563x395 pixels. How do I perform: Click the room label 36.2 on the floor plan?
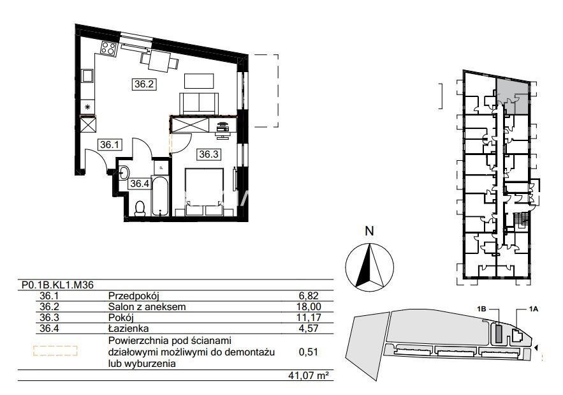tap(144, 84)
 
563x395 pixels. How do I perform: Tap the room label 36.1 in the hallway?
tap(109, 145)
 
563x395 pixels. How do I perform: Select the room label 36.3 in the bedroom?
tap(208, 154)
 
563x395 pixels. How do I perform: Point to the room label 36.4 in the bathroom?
tap(139, 184)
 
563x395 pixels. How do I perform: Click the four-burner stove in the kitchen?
tap(108, 48)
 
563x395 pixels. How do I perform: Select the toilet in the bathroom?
tap(140, 209)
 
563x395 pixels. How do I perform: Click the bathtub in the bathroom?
tap(160, 196)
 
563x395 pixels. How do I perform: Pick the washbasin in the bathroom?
tap(124, 172)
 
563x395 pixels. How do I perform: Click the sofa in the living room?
tap(199, 103)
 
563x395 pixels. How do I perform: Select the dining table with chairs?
tap(160, 61)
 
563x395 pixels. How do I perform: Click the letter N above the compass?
tap(369, 231)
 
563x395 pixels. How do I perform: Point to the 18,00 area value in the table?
tap(310, 306)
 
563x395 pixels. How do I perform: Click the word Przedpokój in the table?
tap(133, 296)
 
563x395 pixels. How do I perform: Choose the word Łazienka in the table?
tap(128, 328)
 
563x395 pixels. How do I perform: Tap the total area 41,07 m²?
tap(309, 376)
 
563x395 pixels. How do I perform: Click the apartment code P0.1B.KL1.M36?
tap(57, 285)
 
